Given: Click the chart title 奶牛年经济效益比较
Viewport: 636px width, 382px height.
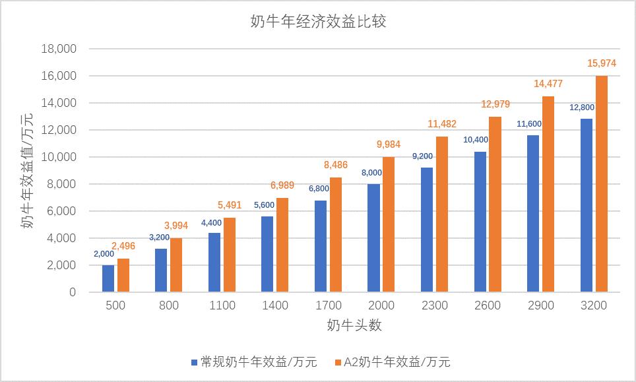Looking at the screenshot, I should [x=318, y=22].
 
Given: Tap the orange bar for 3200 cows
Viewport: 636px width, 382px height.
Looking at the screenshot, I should [x=601, y=184].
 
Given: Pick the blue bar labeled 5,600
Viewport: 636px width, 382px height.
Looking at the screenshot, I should [x=267, y=254].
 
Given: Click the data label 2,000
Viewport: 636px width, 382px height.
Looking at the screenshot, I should [x=104, y=254].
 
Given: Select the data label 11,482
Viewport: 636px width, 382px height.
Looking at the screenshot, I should [x=441, y=124].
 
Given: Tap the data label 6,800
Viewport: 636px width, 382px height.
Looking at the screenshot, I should [x=320, y=189].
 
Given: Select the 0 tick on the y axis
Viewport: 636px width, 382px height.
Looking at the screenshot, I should [x=73, y=292].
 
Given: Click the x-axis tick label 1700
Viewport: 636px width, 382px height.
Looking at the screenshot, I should [x=328, y=305].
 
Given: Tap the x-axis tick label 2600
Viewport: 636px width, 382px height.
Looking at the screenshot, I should [x=488, y=305].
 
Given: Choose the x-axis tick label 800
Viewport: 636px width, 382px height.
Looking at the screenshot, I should [x=169, y=305].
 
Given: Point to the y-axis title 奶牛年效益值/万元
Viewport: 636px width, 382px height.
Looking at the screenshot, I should [x=27, y=170].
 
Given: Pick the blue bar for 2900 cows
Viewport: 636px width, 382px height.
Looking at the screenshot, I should [x=532, y=214].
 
